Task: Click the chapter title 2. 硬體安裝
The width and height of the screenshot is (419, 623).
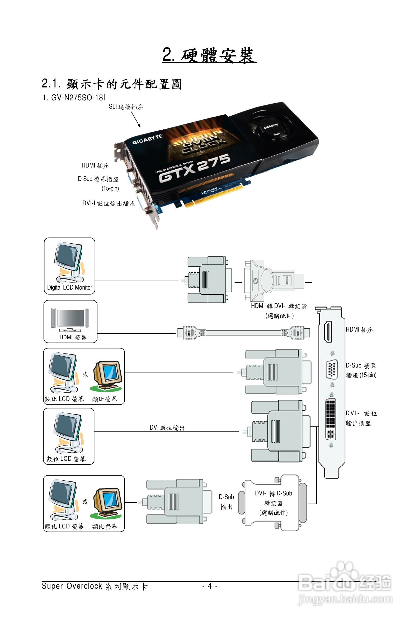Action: tap(209, 55)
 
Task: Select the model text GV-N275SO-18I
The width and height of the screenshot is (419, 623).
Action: tap(78, 97)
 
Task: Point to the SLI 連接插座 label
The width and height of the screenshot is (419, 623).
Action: tap(126, 107)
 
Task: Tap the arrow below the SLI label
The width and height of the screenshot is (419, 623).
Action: tap(136, 119)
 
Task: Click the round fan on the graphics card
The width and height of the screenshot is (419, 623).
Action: tap(270, 125)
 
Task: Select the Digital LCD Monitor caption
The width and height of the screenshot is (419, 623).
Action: tap(69, 287)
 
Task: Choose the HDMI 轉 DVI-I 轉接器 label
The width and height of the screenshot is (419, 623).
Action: tap(279, 306)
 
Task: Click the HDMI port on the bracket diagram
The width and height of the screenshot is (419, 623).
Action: tap(328, 332)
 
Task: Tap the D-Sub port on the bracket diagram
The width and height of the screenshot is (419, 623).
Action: tap(331, 369)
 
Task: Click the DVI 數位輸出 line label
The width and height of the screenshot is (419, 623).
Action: tap(167, 427)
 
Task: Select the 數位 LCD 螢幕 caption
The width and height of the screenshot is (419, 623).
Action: tap(66, 459)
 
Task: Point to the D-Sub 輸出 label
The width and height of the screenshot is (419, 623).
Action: tap(226, 502)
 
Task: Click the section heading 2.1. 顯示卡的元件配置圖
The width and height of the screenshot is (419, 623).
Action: tap(112, 84)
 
